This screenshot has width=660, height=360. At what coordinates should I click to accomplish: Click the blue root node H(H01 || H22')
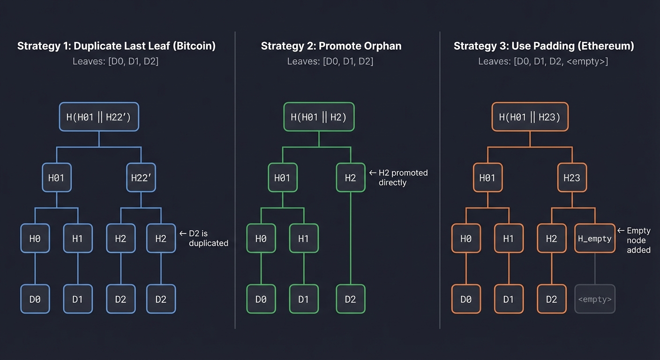click(99, 117)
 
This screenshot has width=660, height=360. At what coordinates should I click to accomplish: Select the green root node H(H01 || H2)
click(319, 117)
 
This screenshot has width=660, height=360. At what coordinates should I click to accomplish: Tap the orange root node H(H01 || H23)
click(530, 117)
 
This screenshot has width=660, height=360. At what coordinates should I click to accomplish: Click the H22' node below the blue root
click(141, 178)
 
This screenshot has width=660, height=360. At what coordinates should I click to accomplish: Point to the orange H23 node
click(572, 178)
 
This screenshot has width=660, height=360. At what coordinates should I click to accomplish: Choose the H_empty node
click(594, 239)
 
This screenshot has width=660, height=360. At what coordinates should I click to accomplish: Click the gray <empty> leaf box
click(594, 299)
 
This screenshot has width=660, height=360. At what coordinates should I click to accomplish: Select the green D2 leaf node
click(351, 299)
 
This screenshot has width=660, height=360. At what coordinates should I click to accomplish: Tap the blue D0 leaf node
click(35, 299)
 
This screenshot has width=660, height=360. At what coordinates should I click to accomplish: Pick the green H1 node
click(304, 239)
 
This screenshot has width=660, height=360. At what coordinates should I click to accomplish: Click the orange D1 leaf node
click(509, 299)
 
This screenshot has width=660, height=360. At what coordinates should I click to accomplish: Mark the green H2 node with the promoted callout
click(351, 178)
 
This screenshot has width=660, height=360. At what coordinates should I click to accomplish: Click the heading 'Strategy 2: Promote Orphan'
click(331, 46)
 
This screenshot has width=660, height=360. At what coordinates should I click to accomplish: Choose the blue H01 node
click(56, 178)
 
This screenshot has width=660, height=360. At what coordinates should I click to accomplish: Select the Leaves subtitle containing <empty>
click(543, 61)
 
